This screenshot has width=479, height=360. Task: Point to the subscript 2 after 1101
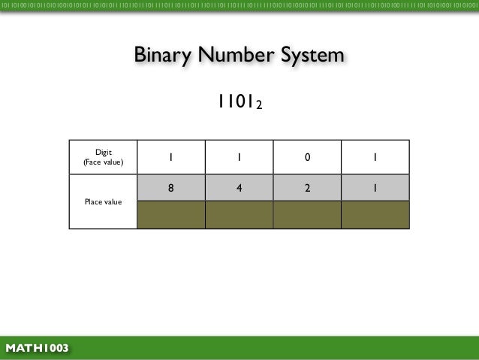(x=258, y=106)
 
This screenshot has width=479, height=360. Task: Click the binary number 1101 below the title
(x=236, y=101)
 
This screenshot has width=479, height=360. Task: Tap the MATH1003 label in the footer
(x=37, y=348)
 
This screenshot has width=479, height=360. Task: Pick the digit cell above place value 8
(x=170, y=157)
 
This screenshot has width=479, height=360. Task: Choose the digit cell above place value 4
(x=239, y=157)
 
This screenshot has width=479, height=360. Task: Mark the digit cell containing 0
(x=307, y=157)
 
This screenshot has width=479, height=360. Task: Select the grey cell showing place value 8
(x=170, y=188)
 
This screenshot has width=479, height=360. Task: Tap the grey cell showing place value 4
(x=239, y=188)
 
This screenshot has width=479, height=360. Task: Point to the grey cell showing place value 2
(x=307, y=188)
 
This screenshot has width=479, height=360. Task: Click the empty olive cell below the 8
(x=170, y=214)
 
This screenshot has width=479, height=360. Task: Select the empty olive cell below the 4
(x=239, y=214)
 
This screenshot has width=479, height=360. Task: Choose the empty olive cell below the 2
(x=307, y=214)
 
